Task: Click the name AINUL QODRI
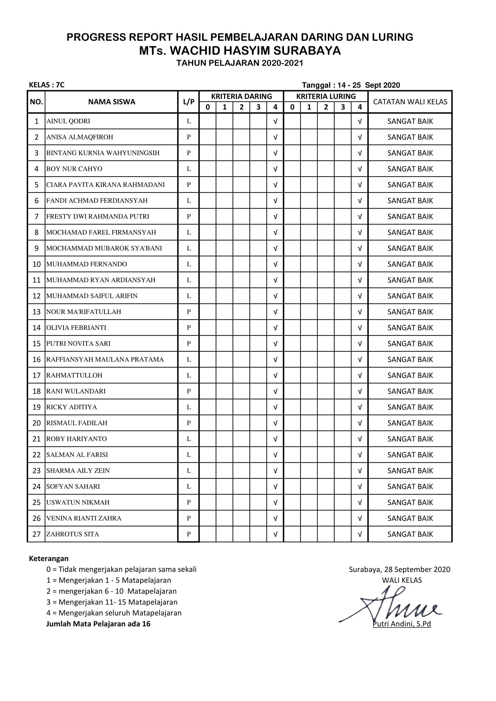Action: (68, 121)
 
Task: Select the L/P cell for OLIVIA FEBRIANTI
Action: (188, 328)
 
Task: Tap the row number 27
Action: (36, 534)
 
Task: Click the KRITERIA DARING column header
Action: (241, 97)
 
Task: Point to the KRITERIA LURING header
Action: (326, 97)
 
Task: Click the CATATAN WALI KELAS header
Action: (410, 102)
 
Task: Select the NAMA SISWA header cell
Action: (112, 102)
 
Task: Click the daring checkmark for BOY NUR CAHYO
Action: (275, 169)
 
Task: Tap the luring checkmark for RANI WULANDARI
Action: (360, 391)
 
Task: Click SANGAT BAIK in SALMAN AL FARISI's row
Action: (410, 455)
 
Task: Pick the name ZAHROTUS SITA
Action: (73, 534)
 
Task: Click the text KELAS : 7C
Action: (47, 85)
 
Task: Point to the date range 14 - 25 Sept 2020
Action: (368, 85)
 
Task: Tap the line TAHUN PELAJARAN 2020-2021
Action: (240, 63)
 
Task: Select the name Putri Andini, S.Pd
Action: (402, 624)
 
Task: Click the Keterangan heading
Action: (49, 558)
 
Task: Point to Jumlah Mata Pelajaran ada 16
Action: (98, 624)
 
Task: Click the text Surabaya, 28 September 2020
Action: (399, 569)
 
